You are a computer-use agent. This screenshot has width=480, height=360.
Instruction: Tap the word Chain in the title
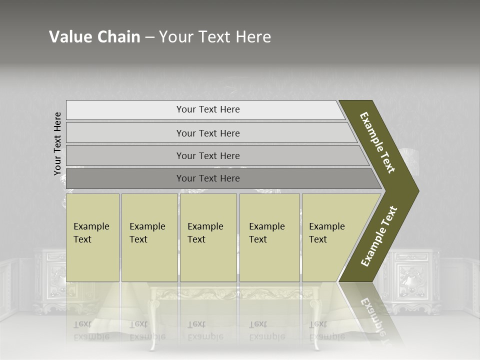(117, 37)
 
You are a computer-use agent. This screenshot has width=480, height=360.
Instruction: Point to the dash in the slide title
(149, 37)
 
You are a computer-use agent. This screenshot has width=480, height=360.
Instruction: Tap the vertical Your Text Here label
(57, 143)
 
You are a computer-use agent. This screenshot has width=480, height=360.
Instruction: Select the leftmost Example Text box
(92, 237)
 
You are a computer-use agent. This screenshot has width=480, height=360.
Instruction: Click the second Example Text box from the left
(149, 237)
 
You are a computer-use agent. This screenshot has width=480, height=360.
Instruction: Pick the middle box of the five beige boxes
(208, 237)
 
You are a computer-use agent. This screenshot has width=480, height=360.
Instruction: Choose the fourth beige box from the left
(269, 237)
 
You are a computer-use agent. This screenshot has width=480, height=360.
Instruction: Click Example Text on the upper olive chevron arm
(377, 142)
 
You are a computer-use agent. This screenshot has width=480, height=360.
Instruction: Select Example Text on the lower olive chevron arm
(379, 236)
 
